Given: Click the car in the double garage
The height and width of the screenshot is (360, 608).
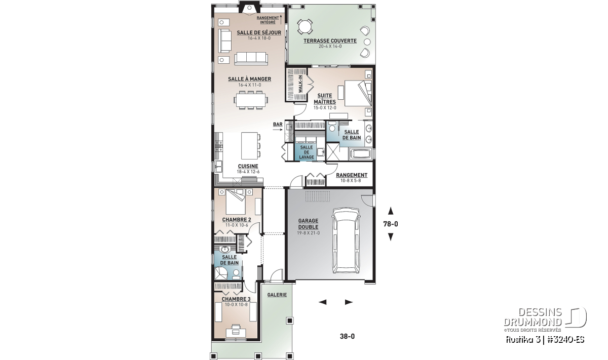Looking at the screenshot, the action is (346, 241).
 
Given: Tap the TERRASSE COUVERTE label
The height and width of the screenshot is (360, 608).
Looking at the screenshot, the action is (330, 41).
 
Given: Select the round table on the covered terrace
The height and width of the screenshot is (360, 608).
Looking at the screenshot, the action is (305, 27).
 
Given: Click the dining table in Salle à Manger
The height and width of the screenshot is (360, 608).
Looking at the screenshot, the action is (250, 100).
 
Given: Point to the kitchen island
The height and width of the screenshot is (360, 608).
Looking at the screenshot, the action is (249, 146).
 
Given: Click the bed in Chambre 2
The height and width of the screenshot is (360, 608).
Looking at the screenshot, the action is (236, 202).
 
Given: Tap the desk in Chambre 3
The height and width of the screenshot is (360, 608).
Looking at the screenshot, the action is (236, 332).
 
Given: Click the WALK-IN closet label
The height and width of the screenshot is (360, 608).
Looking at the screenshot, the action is (300, 84).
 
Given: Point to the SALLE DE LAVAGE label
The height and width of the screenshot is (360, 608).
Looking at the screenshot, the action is (307, 152).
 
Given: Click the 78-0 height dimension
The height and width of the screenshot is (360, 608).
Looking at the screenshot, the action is (391, 224).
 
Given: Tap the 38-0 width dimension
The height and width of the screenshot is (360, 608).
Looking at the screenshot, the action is (347, 336).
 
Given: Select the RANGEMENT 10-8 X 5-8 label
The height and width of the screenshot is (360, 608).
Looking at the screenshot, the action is (352, 178).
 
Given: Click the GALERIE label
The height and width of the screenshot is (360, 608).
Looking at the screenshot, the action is (277, 295).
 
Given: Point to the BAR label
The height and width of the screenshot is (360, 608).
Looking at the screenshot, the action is (278, 125).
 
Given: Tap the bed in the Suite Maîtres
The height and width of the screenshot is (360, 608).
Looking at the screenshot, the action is (358, 93).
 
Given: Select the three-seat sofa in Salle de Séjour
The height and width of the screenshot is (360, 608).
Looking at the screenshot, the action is (251, 58).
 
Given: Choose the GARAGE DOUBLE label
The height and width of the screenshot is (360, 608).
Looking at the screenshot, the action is (308, 224).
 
